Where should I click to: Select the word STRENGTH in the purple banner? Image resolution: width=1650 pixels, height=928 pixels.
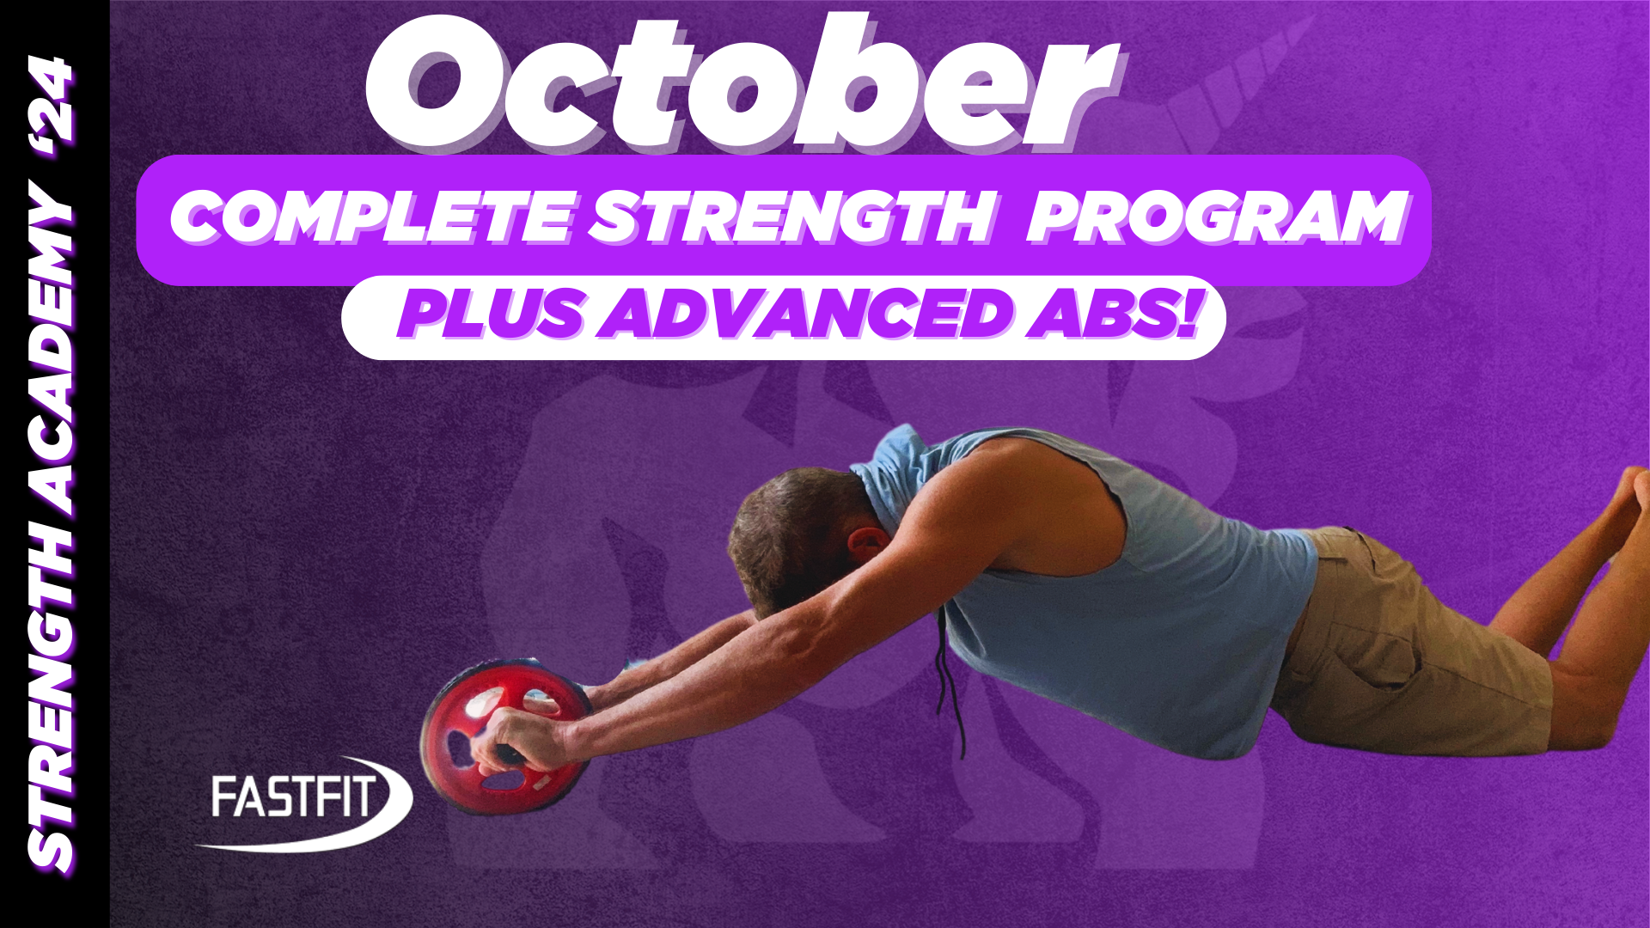(791, 217)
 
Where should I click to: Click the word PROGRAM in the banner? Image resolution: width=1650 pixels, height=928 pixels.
(1216, 217)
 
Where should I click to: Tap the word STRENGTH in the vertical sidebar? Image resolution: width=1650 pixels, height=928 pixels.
(53, 687)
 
